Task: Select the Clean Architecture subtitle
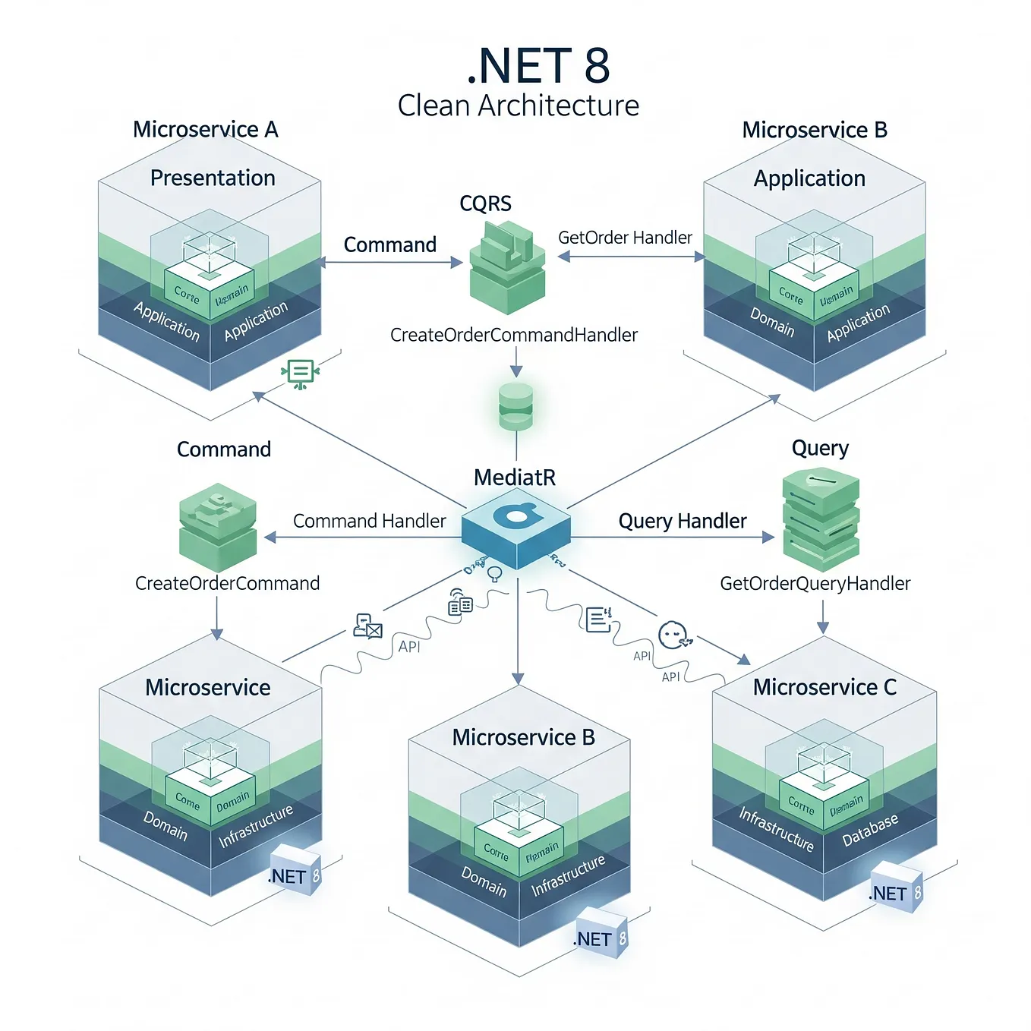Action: coord(518,106)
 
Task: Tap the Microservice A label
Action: coord(205,130)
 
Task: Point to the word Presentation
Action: coord(213,178)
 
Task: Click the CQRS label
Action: coord(485,203)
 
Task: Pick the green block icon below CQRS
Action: coord(507,267)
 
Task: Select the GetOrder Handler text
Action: coord(625,238)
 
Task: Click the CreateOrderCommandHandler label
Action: coord(514,335)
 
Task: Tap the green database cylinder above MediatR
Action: coord(515,406)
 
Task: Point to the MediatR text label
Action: coord(515,478)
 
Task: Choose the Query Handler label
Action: coord(683,521)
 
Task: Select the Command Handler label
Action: coord(369,521)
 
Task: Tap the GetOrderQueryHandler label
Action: coord(815,583)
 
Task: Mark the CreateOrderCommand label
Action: coord(227,583)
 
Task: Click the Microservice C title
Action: coord(824,687)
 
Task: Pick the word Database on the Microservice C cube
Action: coord(870,830)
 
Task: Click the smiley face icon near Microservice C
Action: coord(673,635)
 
